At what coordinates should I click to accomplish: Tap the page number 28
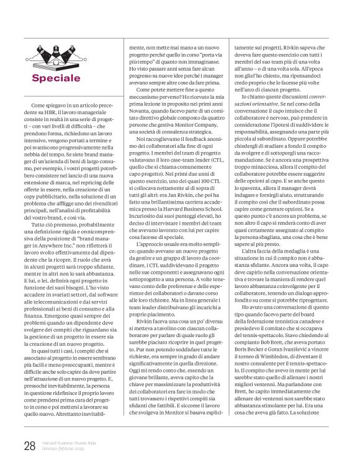29,446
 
